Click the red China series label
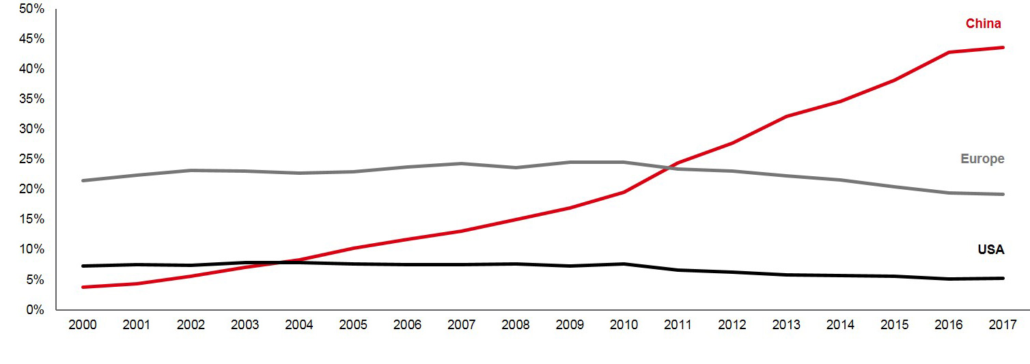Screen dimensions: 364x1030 [x=983, y=24]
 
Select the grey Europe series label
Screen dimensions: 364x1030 [x=982, y=159]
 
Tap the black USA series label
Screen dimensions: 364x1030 [x=990, y=250]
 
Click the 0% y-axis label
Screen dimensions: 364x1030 [x=35, y=310]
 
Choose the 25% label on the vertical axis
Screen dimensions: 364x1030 [x=32, y=159]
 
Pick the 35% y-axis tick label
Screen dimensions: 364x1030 [x=32, y=99]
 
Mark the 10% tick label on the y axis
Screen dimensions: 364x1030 [x=32, y=250]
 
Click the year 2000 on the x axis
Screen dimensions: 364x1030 [x=83, y=325]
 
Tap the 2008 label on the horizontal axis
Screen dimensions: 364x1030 [x=516, y=325]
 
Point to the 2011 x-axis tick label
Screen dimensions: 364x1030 [x=678, y=325]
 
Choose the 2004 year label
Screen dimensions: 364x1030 [x=299, y=325]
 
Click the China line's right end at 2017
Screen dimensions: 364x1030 [x=1003, y=47]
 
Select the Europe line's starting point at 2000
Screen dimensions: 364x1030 [x=83, y=180]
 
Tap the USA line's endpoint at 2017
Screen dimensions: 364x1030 [x=1003, y=278]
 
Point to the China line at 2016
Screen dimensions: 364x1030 [x=949, y=52]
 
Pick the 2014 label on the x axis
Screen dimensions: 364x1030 [x=840, y=325]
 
